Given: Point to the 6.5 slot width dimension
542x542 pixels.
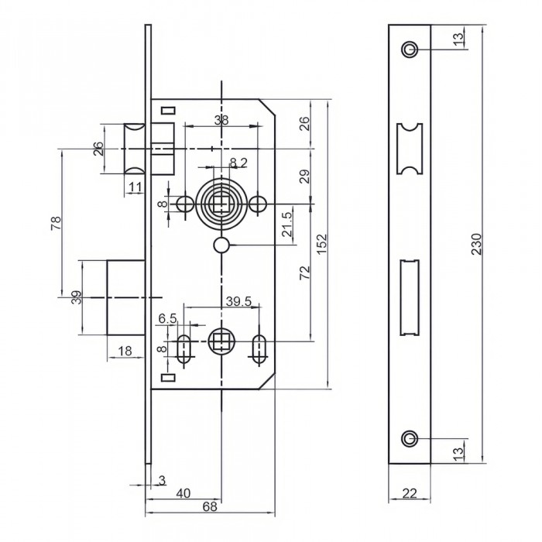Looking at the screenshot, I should pyautogui.click(x=168, y=318).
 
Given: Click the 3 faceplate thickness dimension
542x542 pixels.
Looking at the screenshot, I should pyautogui.click(x=162, y=480).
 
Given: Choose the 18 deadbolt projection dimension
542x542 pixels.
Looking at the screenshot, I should pyautogui.click(x=122, y=350).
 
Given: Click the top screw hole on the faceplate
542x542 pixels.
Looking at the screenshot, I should pyautogui.click(x=408, y=50).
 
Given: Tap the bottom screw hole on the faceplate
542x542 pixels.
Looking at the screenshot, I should pyautogui.click(x=408, y=439).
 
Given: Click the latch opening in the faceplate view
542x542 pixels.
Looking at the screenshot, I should pyautogui.click(x=408, y=149).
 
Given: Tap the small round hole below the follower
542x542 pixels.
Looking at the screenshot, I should pyautogui.click(x=222, y=245).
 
